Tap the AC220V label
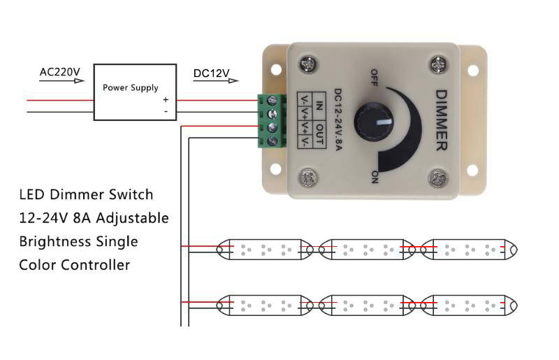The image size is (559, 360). tap(60, 72)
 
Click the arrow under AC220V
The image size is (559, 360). tap(61, 81)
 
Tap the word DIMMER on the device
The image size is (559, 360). tap(442, 120)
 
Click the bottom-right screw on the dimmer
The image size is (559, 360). tap(439, 178)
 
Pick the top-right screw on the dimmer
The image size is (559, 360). tap(439, 66)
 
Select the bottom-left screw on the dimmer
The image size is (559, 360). tap(307, 178)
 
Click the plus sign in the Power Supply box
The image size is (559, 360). tap(166, 100)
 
